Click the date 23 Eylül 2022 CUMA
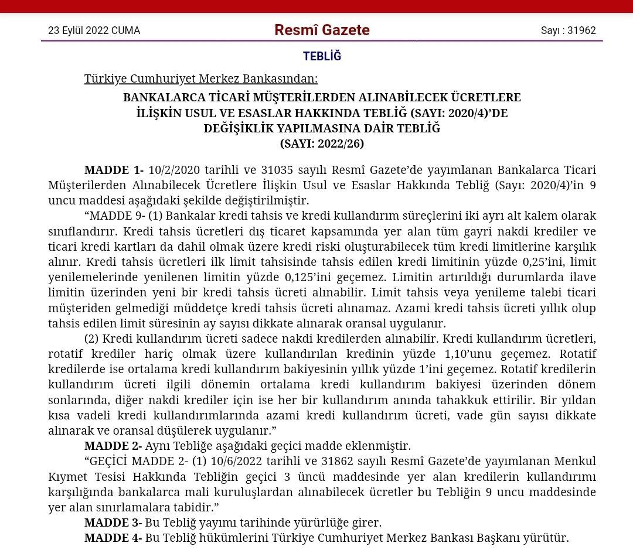click(94, 30)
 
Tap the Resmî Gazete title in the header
click(322, 30)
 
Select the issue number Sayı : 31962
click(568, 30)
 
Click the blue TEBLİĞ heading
click(322, 56)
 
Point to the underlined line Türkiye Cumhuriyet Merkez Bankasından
click(201, 78)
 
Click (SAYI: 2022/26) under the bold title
click(322, 144)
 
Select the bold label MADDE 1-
click(114, 170)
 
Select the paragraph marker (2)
click(93, 339)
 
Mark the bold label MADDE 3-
click(114, 522)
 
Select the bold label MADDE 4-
click(114, 537)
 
